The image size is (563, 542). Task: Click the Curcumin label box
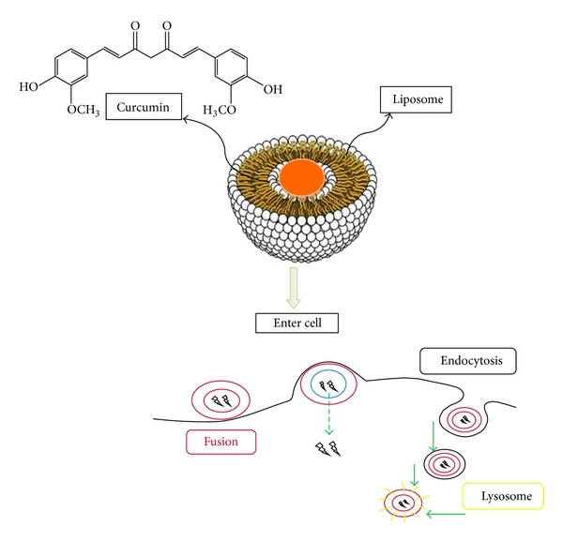(x=144, y=108)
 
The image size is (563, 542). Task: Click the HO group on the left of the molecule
(x=30, y=87)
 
